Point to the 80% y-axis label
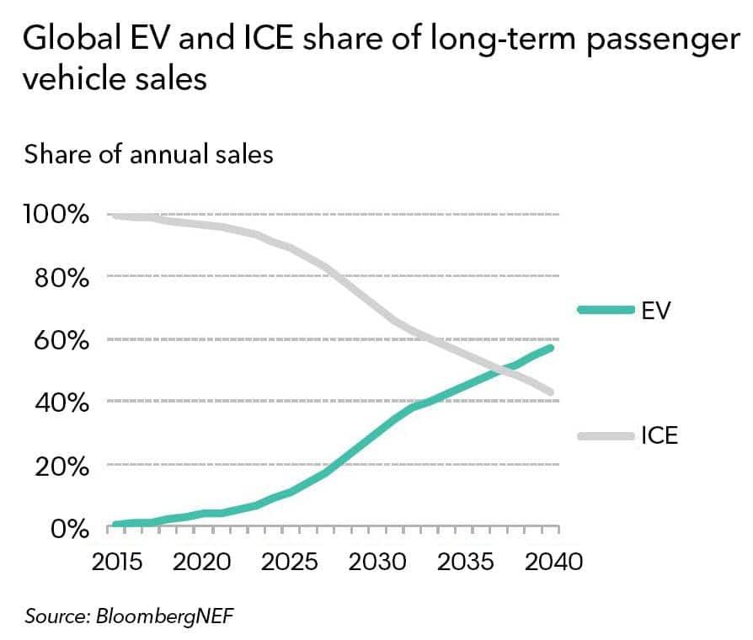tap(61, 277)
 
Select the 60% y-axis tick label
tap(61, 340)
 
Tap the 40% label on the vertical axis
tap(61, 403)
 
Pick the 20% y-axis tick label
tap(61, 467)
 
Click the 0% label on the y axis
tap(70, 530)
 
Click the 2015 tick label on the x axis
tap(115, 561)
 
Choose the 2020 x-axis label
tap(203, 561)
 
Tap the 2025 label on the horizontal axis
tap(291, 561)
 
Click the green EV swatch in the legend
tap(606, 310)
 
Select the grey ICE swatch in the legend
tap(606, 435)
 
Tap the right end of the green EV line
tap(552, 348)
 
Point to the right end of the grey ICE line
tap(552, 392)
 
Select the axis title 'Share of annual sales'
tap(149, 155)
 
